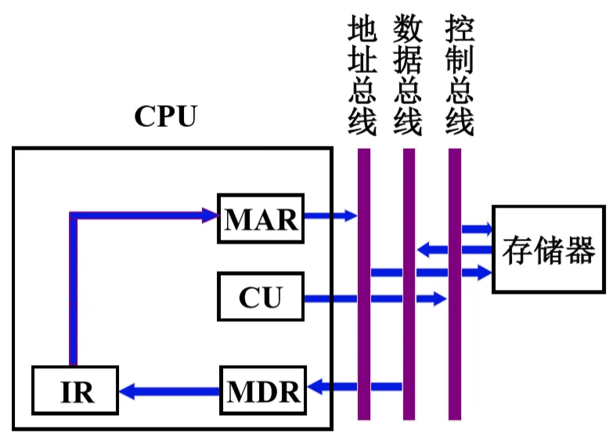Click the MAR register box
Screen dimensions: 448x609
(x=261, y=219)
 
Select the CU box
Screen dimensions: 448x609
(x=261, y=298)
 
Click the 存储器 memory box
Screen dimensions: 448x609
(x=549, y=250)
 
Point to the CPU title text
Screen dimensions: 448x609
(x=165, y=117)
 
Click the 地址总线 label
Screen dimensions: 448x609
(x=362, y=75)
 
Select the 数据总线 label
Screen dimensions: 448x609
(x=408, y=75)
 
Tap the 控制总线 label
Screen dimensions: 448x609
(x=458, y=75)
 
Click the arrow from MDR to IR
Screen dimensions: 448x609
(x=168, y=388)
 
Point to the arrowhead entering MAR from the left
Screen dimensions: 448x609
(x=210, y=213)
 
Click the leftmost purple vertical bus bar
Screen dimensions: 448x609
(x=364, y=282)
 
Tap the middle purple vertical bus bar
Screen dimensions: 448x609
(x=409, y=282)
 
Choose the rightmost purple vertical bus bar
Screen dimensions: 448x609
(x=455, y=282)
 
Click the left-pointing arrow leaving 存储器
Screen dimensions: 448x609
(x=454, y=251)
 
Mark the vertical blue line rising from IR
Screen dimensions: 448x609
(x=74, y=290)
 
